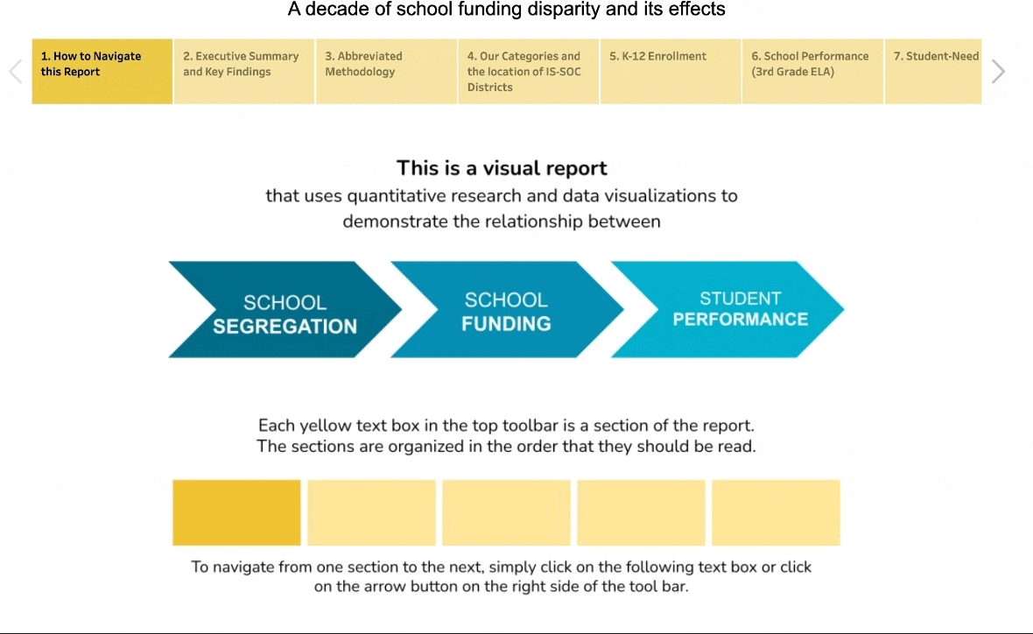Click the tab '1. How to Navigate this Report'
coord(102,71)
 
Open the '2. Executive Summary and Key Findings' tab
coord(244,71)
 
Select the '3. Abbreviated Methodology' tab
coord(387,71)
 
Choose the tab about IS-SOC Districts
coord(529,71)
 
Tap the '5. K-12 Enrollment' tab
coord(671,71)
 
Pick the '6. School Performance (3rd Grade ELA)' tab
coord(813,71)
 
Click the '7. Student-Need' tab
coord(933,71)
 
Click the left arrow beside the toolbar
coord(16,71)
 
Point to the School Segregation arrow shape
coord(285,310)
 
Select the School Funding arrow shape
coord(507,310)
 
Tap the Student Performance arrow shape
coord(728,310)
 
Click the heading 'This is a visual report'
coord(502,168)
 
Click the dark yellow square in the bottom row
coord(236,513)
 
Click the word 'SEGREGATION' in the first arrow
coord(285,327)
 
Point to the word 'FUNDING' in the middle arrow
coord(507,324)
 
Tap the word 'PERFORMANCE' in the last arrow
coord(741,319)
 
